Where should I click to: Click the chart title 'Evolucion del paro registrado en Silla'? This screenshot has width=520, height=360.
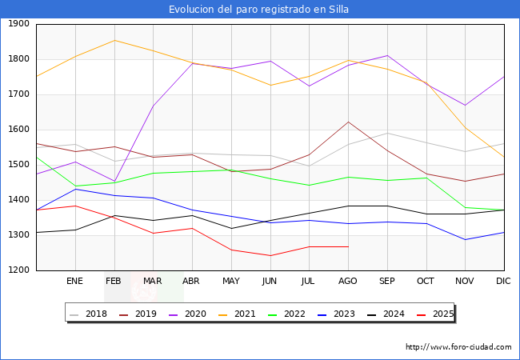click(259, 10)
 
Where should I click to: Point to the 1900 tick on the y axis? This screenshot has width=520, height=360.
click(18, 24)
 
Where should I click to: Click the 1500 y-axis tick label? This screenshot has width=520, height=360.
click(18, 165)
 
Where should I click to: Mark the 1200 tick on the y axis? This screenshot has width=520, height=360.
click(18, 270)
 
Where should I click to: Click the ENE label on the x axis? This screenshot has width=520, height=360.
click(74, 281)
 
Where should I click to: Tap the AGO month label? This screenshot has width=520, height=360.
click(348, 281)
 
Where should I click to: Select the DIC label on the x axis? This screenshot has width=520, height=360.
click(503, 281)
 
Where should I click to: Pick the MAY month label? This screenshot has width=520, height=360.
click(230, 281)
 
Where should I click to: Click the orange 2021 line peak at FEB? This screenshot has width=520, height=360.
click(114, 40)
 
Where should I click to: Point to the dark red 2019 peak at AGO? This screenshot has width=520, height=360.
click(348, 122)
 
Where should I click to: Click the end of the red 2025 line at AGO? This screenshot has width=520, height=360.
click(348, 246)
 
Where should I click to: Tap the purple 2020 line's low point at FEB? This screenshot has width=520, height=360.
click(114, 182)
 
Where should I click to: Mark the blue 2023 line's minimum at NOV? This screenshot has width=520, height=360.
click(465, 239)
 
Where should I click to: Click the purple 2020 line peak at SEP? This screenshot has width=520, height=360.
click(387, 55)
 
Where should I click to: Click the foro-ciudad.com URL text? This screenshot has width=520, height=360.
click(458, 347)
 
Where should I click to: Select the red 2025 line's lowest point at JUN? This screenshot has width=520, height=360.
click(270, 256)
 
